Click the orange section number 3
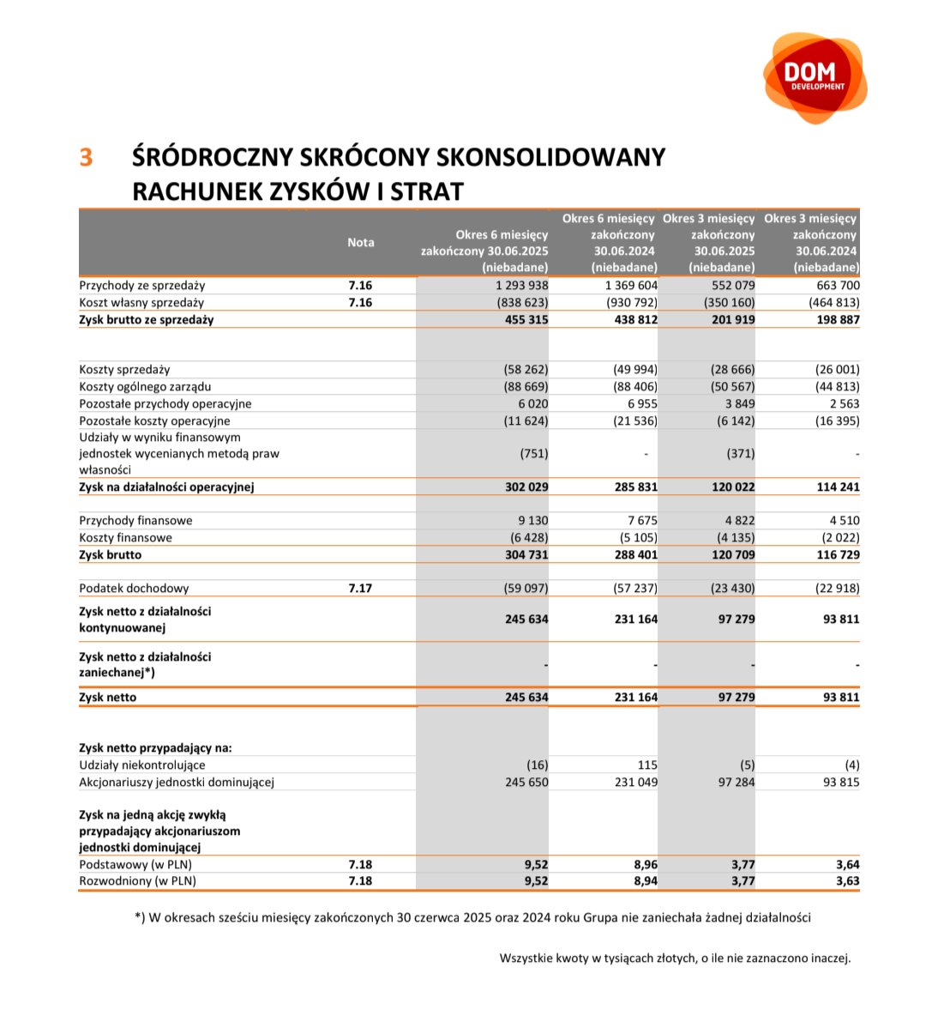pos(86,158)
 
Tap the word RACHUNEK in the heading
pos(188,190)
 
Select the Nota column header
pos(360,243)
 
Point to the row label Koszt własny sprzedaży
pos(141,303)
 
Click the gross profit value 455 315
pos(526,320)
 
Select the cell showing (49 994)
pos(634,370)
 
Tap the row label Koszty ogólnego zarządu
pos(145,387)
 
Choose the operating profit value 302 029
pos(526,487)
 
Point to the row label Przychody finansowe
pos(135,521)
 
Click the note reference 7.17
pos(360,589)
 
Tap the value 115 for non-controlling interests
pos(647,765)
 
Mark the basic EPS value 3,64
pos(847,865)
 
